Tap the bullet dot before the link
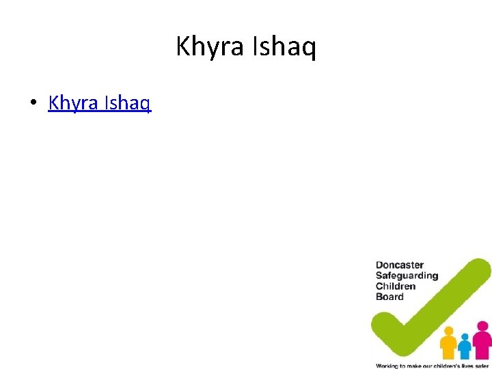[32, 104]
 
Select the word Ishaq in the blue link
[128, 103]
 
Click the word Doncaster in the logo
[400, 264]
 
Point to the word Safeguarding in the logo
[407, 275]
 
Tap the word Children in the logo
[395, 286]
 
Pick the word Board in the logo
[389, 297]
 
